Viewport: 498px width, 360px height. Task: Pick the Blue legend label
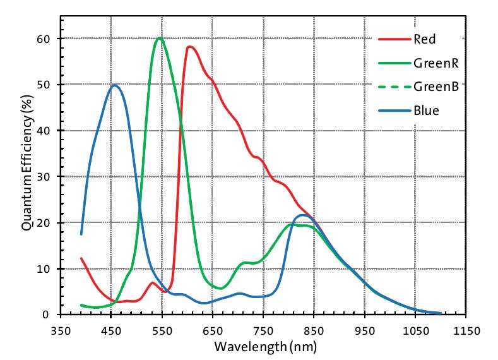(426, 111)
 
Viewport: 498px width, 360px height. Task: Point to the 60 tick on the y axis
(46, 39)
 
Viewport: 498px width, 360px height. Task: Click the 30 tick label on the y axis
(46, 177)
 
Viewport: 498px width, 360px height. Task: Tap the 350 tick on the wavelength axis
(60, 329)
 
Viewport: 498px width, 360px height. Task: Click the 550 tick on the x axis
(162, 329)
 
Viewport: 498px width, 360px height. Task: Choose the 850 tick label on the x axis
(314, 329)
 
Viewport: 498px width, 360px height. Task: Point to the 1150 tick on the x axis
(466, 329)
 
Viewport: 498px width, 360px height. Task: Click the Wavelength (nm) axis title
(264, 346)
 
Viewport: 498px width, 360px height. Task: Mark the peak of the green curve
(160, 38)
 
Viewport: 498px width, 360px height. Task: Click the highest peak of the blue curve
(114, 85)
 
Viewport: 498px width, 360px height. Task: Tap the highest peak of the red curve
(190, 47)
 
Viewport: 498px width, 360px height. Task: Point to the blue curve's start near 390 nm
(81, 234)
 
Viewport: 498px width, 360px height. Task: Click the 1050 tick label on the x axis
(415, 329)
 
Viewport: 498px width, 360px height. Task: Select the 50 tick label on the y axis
(46, 85)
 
